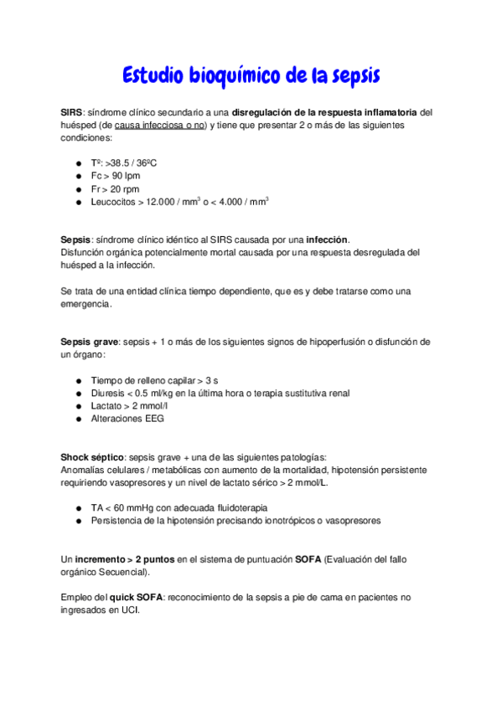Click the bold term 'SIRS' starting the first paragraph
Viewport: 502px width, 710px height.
[x=73, y=111]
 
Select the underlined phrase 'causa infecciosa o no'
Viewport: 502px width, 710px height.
[x=160, y=124]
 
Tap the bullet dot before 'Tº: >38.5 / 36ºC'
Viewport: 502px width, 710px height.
[x=78, y=164]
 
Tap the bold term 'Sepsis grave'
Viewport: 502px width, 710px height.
[x=90, y=342]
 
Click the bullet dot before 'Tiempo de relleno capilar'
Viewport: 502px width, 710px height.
[x=78, y=381]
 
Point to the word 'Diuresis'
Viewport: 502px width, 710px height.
[x=107, y=394]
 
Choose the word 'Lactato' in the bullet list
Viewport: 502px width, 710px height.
[x=106, y=406]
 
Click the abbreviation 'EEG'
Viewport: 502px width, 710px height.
[x=154, y=419]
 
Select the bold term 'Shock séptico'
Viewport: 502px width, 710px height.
[x=92, y=456]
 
